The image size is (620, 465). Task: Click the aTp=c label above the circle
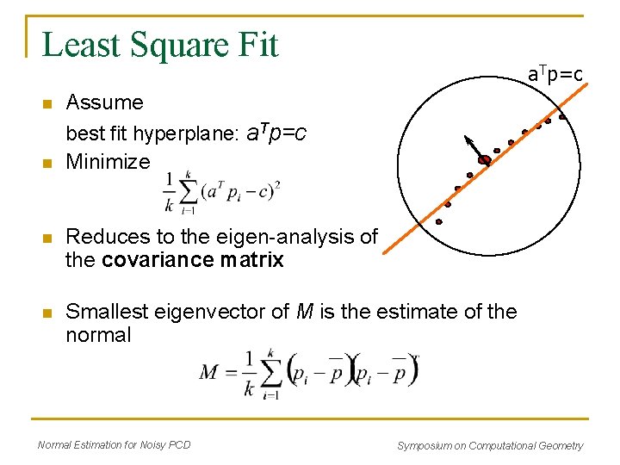pyautogui.click(x=555, y=76)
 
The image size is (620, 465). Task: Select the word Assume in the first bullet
pyautogui.click(x=104, y=102)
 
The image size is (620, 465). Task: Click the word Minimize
pyautogui.click(x=108, y=162)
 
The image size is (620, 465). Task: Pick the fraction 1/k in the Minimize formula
pyautogui.click(x=169, y=191)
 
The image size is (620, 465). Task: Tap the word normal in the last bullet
pyautogui.click(x=98, y=335)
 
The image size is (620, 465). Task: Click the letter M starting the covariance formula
pyautogui.click(x=209, y=372)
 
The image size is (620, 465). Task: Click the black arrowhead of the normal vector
pyautogui.click(x=468, y=139)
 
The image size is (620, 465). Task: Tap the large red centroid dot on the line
pyautogui.click(x=484, y=160)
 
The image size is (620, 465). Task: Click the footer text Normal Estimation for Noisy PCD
pyautogui.click(x=115, y=445)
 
